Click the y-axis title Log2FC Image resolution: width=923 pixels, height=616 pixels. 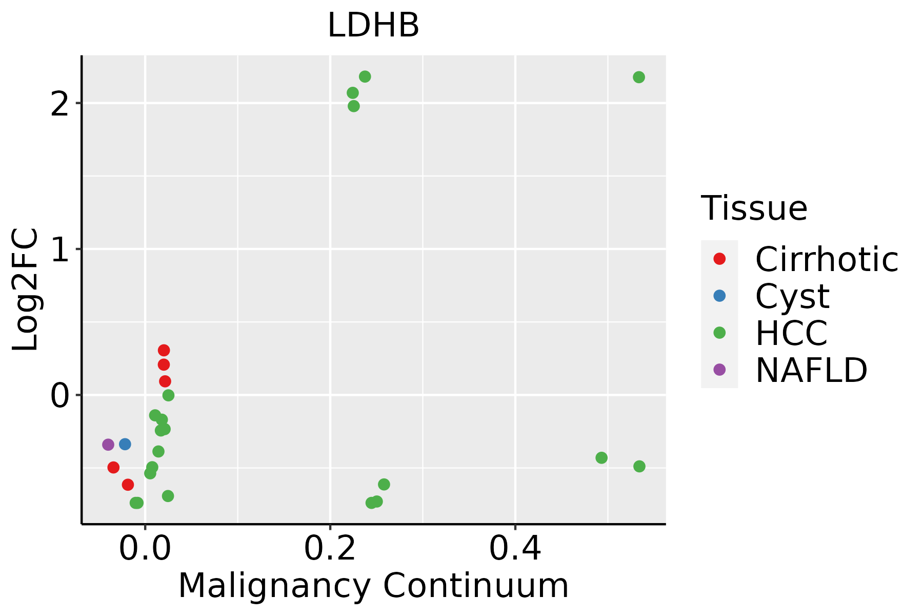pyautogui.click(x=26, y=290)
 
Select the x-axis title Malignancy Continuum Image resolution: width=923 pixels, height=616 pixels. pyautogui.click(x=373, y=586)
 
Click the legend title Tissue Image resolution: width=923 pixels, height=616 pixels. pyautogui.click(x=754, y=208)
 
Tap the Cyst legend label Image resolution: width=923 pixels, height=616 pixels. pyautogui.click(x=792, y=296)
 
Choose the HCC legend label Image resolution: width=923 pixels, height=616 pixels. pyautogui.click(x=791, y=333)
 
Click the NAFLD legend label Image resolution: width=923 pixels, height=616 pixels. pyautogui.click(x=811, y=370)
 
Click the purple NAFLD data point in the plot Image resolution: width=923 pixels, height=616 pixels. pyautogui.click(x=108, y=445)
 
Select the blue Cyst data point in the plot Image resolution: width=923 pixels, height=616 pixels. pyautogui.click(x=125, y=444)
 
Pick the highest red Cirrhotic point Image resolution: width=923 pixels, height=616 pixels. pyautogui.click(x=164, y=351)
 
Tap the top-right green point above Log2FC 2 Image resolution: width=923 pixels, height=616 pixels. pyautogui.click(x=639, y=78)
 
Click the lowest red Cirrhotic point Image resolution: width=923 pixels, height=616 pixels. pyautogui.click(x=128, y=485)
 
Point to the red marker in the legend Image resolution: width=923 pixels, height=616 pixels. pyautogui.click(x=719, y=259)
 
